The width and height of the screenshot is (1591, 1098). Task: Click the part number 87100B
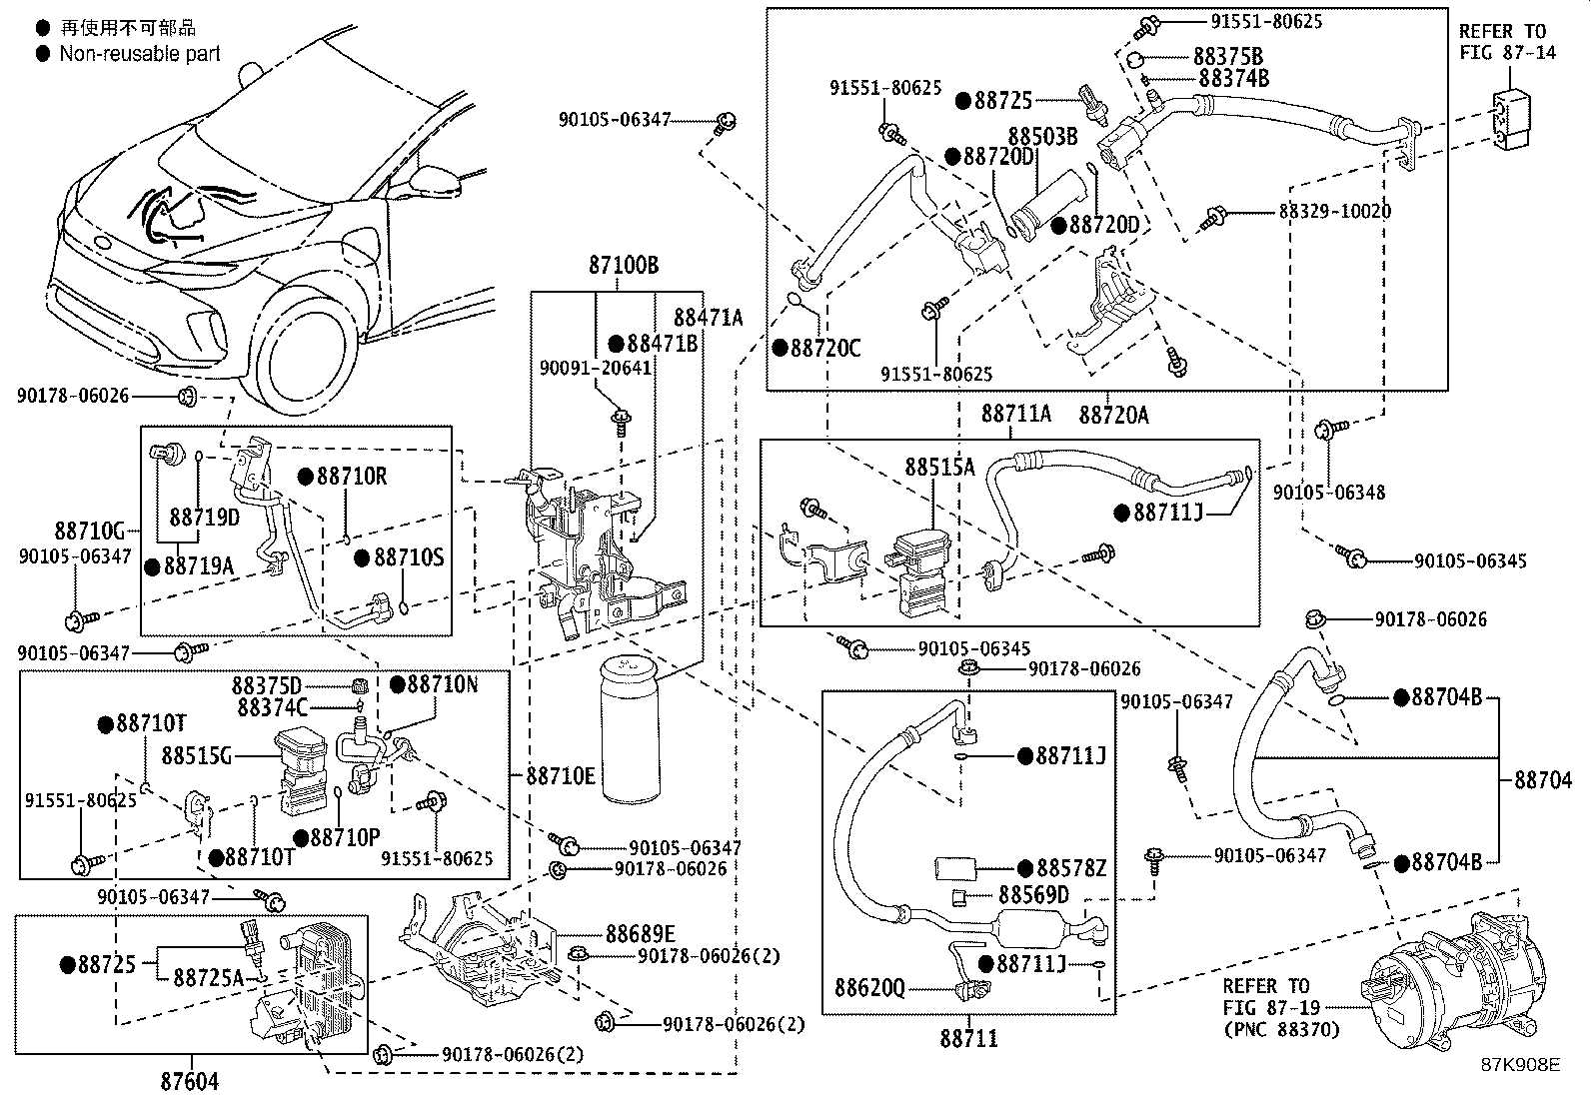(x=623, y=266)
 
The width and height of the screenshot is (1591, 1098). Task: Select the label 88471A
(x=708, y=318)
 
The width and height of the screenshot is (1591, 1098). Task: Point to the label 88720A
(x=1113, y=414)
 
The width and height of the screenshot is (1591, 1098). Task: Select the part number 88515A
(x=939, y=467)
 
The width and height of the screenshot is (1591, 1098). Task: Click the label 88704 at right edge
(x=1542, y=780)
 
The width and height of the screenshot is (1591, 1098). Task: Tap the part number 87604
(x=189, y=1080)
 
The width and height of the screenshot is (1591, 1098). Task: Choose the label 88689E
(x=640, y=933)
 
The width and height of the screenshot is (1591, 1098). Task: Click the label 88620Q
(x=869, y=988)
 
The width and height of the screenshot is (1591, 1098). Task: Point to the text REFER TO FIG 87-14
(x=1507, y=42)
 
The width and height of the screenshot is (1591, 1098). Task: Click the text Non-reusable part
(x=140, y=54)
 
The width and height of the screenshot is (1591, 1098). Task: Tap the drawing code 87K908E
(x=1520, y=1065)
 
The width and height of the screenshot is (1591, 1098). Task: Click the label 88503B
(x=1042, y=136)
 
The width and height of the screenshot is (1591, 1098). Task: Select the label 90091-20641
(x=595, y=368)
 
